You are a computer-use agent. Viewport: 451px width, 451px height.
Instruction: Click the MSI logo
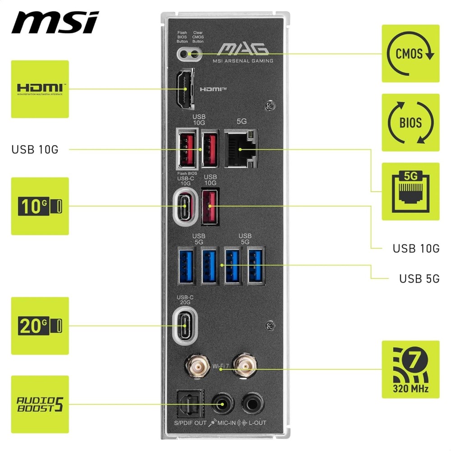coord(55,22)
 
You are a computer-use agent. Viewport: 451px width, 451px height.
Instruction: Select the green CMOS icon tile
coord(410,54)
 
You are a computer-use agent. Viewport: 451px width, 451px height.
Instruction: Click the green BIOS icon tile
coord(410,123)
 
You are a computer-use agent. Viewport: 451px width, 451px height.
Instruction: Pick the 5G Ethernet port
coord(240,149)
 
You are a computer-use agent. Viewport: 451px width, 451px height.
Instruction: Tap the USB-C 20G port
coord(185,326)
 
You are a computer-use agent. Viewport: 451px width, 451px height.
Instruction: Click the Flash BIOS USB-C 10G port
coord(185,207)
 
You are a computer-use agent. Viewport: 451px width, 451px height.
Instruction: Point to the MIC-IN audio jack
coord(221,404)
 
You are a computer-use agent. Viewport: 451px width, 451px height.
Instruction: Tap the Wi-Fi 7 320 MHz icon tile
coord(410,369)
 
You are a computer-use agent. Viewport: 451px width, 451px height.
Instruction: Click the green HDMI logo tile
coord(40,89)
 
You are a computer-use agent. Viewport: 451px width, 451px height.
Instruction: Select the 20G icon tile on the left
coord(40,326)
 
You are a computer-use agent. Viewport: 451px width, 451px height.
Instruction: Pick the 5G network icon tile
coord(410,192)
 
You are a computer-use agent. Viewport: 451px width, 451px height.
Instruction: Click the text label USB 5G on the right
coord(419,278)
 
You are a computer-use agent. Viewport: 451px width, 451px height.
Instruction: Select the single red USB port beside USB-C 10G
coord(210,207)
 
